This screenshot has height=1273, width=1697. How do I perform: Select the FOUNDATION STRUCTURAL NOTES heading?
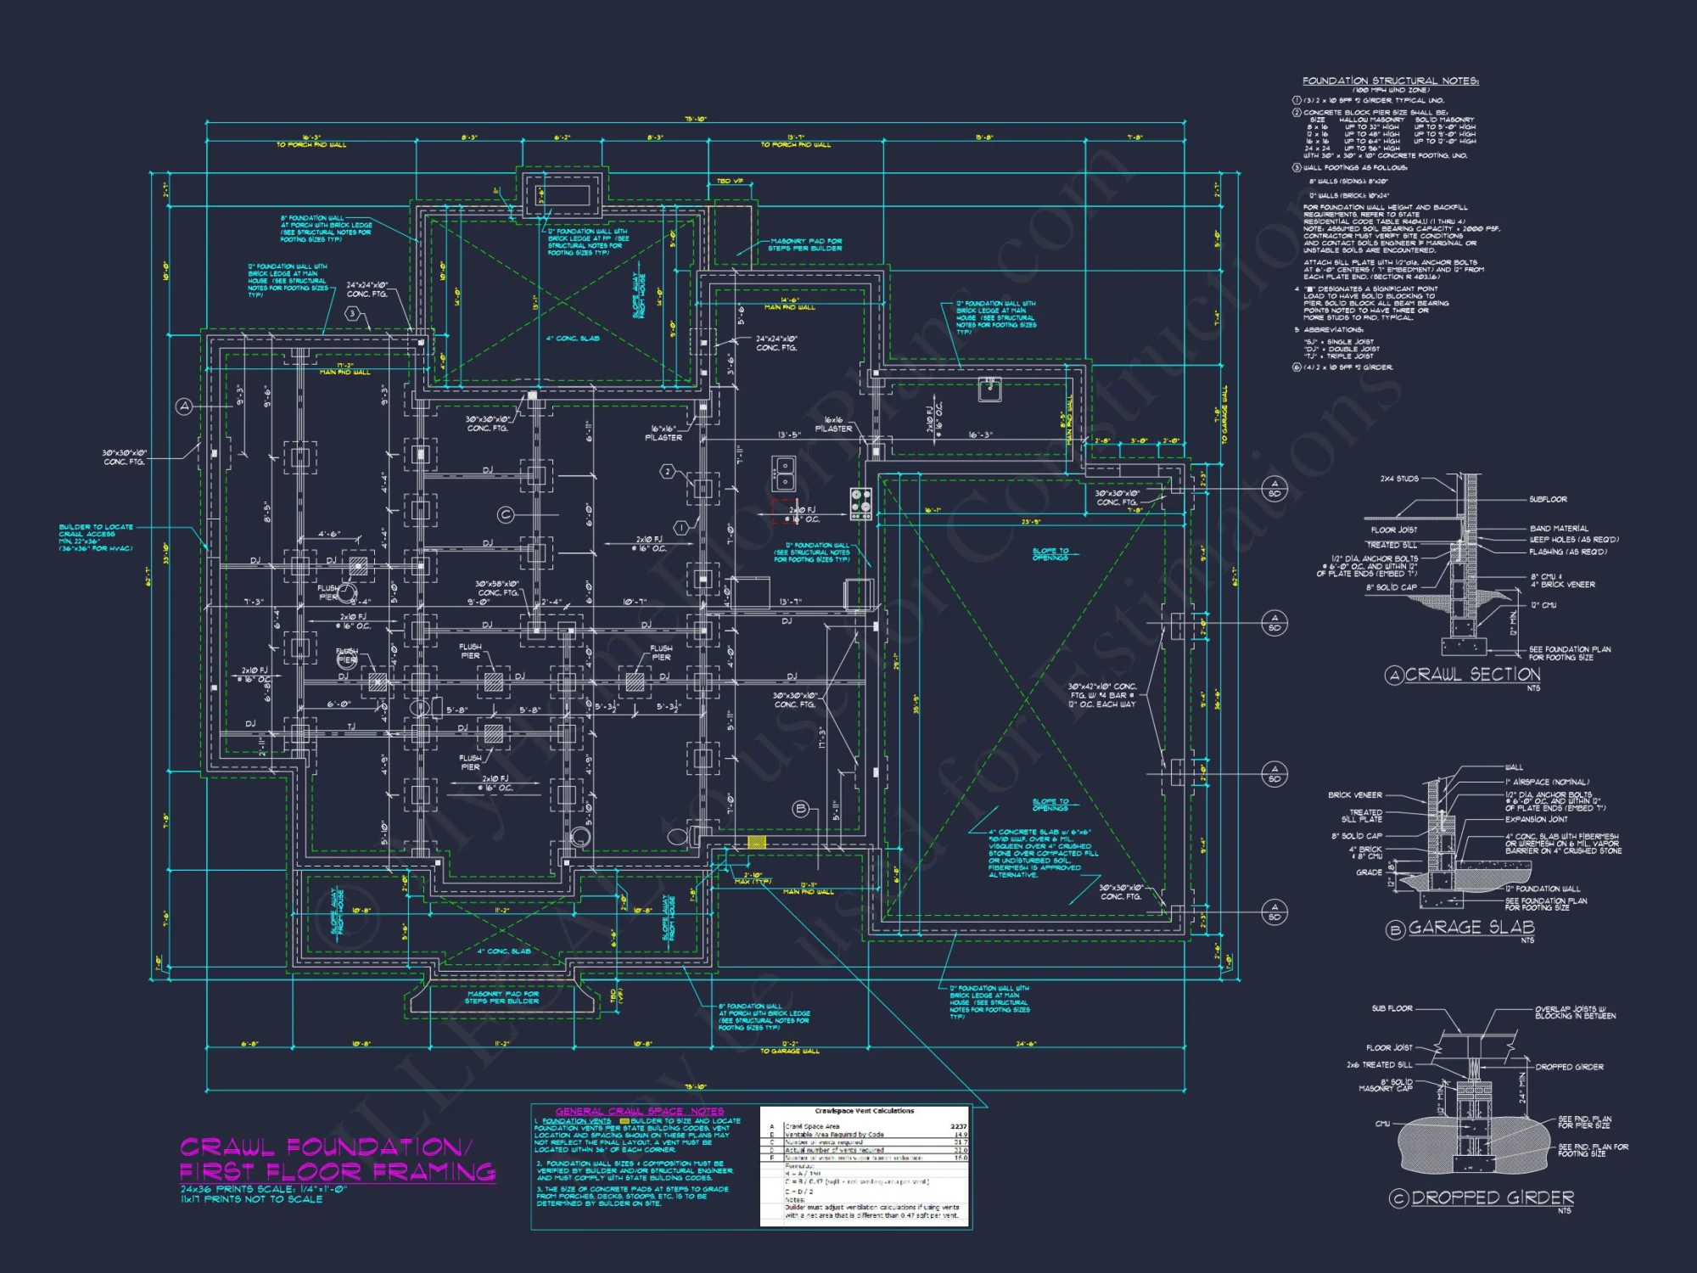(1391, 81)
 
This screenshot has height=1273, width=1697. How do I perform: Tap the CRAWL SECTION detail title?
(1472, 675)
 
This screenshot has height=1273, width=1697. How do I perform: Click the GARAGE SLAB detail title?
(1471, 928)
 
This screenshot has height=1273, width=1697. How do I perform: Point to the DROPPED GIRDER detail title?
(1492, 1197)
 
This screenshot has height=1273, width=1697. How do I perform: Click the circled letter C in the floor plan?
(506, 514)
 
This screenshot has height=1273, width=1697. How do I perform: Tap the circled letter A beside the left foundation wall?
(184, 407)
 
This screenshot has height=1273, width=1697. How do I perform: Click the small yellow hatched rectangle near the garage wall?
(756, 842)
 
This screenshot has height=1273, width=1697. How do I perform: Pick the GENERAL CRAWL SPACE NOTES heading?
(640, 1111)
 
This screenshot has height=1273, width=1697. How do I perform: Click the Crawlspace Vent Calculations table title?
(865, 1111)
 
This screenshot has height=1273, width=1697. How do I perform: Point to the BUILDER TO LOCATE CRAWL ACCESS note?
(96, 537)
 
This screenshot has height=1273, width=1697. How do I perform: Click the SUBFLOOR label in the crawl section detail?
(1548, 499)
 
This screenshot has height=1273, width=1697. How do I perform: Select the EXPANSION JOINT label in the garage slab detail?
(1537, 819)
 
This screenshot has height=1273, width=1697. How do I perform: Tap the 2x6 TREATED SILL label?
(1379, 1064)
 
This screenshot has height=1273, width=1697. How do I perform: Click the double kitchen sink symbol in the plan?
(783, 473)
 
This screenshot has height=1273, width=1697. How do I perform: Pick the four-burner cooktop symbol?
(860, 503)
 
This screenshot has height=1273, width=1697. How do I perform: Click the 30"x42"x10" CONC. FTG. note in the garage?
(1101, 695)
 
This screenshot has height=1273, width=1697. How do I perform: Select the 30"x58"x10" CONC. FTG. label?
(496, 588)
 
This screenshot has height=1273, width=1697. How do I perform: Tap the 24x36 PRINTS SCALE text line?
(264, 1189)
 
